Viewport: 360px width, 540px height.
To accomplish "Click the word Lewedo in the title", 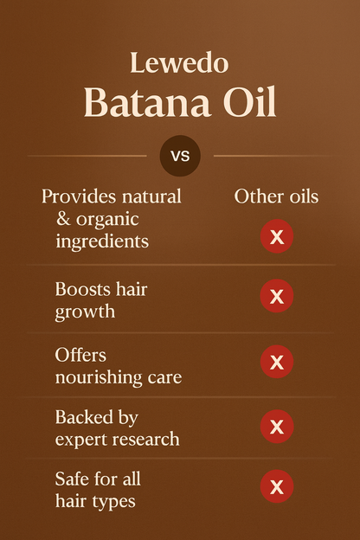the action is point(179,62).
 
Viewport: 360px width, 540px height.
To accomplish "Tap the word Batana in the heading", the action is point(147,101).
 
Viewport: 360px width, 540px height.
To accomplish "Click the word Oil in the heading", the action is point(249,101).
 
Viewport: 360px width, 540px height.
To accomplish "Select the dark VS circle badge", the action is point(180,156).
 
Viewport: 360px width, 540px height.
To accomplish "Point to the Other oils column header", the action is point(276,196).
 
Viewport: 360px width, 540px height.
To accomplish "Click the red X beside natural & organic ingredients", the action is point(277,236).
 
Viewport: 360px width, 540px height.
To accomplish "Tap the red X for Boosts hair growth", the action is point(277,296).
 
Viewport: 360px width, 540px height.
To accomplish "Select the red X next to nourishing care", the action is point(277,362).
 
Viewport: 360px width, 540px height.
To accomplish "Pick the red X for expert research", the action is point(277,427).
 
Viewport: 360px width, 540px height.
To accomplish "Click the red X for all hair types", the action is point(277,486).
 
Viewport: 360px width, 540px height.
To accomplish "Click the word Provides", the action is point(79,197).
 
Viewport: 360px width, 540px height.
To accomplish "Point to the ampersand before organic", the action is point(63,218).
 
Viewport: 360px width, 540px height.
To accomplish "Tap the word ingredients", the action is point(102,241).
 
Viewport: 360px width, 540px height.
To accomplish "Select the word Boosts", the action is point(80,288).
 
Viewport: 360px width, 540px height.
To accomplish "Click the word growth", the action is point(85,312).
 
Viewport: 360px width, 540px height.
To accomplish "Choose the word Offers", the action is point(80,355).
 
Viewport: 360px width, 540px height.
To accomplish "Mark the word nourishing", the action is point(99,378).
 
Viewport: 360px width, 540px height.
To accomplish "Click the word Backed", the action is point(84,417).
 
